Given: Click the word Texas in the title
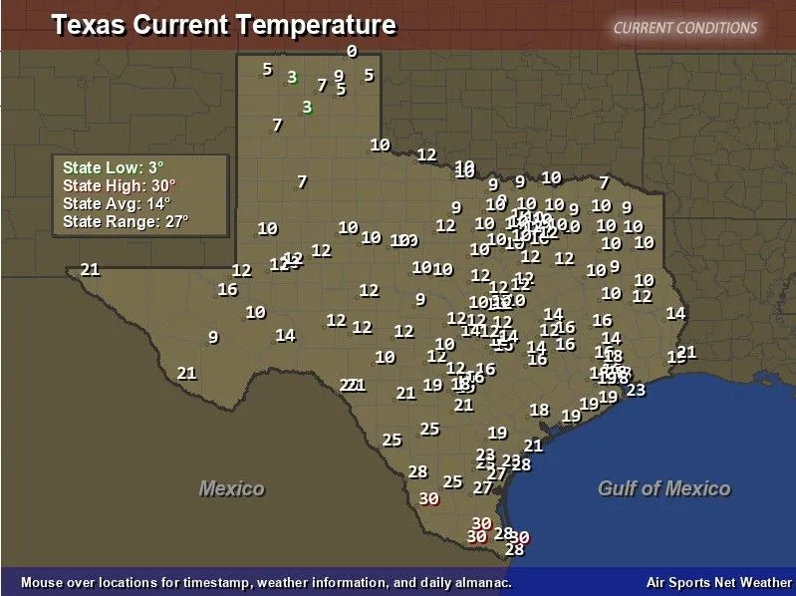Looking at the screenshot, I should (83, 25).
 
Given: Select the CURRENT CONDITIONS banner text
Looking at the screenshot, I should (685, 28).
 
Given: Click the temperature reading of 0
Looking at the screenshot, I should (352, 51).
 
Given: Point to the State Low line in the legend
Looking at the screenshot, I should (113, 167).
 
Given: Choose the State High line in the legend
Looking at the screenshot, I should (119, 185).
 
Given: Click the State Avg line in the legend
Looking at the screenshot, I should (116, 203).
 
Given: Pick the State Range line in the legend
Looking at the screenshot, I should (125, 221).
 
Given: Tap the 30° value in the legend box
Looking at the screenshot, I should (163, 185).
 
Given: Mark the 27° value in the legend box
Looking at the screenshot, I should (176, 221).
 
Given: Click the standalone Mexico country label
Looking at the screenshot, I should (232, 488).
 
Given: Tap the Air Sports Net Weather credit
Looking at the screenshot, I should (719, 582).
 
